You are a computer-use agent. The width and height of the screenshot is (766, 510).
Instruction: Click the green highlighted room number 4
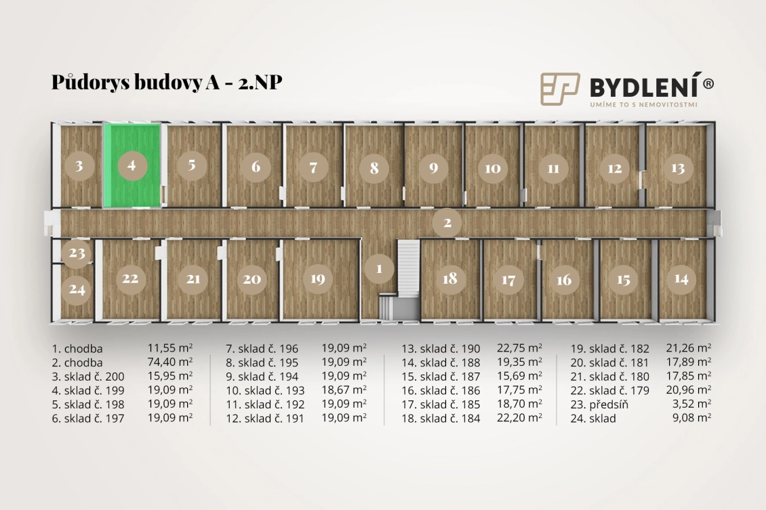(x=132, y=165)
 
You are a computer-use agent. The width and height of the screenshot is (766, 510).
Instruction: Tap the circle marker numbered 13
(x=678, y=169)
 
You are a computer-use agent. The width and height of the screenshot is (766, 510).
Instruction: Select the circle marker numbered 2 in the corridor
(x=447, y=223)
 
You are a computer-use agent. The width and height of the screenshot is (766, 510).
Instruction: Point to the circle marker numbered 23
(x=77, y=253)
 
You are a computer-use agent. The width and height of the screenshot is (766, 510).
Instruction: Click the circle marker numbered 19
(x=317, y=279)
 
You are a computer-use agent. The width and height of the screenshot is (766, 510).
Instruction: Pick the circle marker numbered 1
(x=379, y=268)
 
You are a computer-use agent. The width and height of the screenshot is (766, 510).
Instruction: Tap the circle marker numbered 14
(x=681, y=279)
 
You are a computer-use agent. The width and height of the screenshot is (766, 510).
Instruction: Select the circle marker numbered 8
(x=374, y=169)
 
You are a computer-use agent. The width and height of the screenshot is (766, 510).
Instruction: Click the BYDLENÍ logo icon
(x=560, y=89)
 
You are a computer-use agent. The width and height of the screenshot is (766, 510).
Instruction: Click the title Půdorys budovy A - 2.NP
(x=167, y=82)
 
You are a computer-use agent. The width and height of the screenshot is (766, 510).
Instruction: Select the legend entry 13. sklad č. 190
(x=441, y=349)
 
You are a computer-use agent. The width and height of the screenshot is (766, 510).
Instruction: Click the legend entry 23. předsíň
(x=599, y=404)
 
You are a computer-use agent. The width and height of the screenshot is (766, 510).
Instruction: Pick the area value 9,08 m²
(x=691, y=417)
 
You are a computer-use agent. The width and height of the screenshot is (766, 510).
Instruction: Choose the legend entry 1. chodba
(x=77, y=349)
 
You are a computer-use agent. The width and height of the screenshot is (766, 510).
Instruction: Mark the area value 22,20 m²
(x=519, y=417)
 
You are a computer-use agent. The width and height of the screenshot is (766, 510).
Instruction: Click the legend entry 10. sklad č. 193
(x=265, y=390)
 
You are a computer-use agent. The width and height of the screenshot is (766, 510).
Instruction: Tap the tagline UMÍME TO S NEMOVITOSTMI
(x=643, y=104)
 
